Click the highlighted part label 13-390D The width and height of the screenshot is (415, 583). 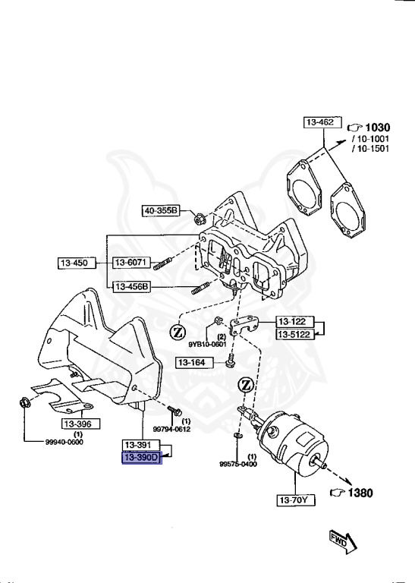point(142,458)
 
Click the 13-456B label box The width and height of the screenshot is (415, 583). point(132,287)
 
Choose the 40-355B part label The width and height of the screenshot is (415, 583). point(160,210)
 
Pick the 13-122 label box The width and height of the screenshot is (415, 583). point(294,321)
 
